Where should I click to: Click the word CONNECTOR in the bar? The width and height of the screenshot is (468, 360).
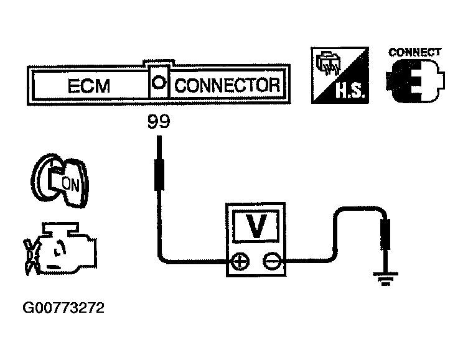pos(227,85)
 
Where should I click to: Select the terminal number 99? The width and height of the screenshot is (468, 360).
pos(159,122)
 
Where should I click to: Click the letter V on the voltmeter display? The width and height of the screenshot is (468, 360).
pos(256,228)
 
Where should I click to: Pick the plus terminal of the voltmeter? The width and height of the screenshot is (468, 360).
pos(239,262)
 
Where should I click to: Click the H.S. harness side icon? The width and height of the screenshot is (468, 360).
pos(339,75)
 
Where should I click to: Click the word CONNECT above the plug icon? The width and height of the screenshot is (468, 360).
pos(415,52)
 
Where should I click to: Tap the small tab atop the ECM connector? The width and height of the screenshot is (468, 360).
pos(159,64)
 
